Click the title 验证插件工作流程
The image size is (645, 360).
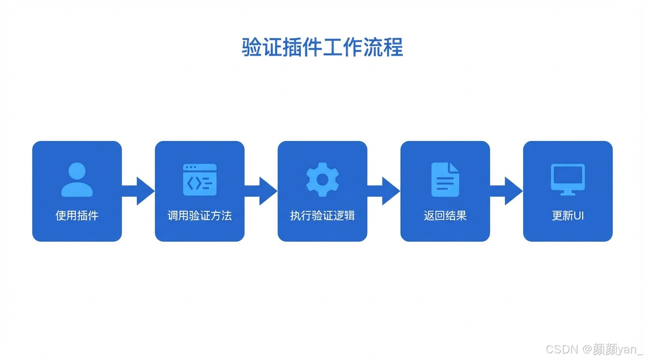point(322,48)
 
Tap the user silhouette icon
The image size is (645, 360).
point(77,180)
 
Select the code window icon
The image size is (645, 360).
point(200,180)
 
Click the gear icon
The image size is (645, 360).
point(322,180)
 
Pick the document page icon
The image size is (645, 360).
point(445,180)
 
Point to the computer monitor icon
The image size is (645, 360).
point(568,179)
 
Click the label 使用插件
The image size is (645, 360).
point(77,216)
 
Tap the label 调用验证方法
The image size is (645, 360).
point(200,216)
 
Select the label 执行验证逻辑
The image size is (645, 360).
point(322,216)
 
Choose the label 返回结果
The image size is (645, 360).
point(445,216)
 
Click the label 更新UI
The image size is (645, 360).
point(568,216)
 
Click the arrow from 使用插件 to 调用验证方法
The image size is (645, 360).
point(139,191)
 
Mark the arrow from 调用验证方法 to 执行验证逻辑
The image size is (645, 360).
point(262,191)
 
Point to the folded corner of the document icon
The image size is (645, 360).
point(454,167)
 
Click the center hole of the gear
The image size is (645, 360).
point(322,180)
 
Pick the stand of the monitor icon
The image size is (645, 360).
point(568,192)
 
